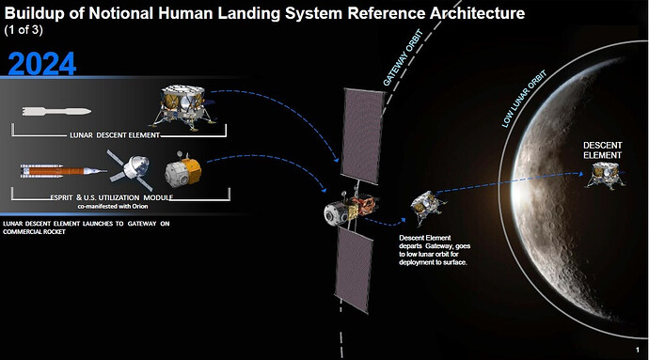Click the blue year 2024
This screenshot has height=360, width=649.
tap(41, 64)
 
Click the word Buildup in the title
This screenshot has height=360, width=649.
tap(36, 14)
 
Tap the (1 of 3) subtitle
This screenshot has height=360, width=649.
tap(24, 30)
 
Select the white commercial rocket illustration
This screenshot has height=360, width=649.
tap(56, 111)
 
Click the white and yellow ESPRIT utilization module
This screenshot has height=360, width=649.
tap(183, 169)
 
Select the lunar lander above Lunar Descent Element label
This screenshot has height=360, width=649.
tap(183, 107)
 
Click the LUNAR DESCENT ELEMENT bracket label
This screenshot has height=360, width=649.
tap(115, 135)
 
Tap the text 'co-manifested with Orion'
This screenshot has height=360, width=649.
tap(113, 206)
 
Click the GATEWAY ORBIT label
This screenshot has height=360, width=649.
tap(403, 58)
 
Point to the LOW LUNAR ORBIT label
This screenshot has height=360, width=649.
tap(524, 99)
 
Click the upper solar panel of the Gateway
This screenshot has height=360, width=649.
tap(363, 135)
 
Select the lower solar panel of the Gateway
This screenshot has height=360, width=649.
tap(354, 269)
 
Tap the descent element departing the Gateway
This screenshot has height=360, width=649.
tap(428, 207)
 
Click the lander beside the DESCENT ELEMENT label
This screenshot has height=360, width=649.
tap(604, 176)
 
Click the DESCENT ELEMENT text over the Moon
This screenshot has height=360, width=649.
tap(602, 150)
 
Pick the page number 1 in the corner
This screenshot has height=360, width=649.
tap(637, 350)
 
